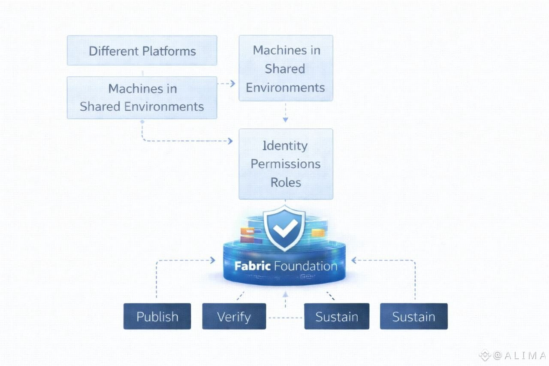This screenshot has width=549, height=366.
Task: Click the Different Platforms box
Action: coord(142,51)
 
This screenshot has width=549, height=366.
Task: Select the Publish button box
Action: coord(157,317)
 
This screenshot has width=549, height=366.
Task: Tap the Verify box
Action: coord(234,317)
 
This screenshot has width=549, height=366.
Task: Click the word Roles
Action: coord(286,182)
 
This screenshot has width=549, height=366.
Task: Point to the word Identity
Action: coord(285,145)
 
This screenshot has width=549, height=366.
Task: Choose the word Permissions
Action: coord(286,164)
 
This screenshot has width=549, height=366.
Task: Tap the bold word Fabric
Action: coord(252,266)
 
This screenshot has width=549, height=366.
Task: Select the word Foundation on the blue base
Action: coord(305,266)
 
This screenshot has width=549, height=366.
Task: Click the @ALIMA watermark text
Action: coord(519,356)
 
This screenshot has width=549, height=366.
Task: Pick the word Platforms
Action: coord(169,51)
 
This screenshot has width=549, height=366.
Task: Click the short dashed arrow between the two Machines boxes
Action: coord(226,84)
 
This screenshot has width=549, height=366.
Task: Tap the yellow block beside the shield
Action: coord(317,233)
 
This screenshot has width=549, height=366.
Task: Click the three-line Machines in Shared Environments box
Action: coord(286,68)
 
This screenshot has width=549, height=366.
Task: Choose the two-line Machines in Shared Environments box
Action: coord(142,97)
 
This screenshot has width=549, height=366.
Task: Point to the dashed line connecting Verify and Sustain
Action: coord(285,318)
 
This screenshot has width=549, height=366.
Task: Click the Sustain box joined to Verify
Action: coord(337,317)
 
